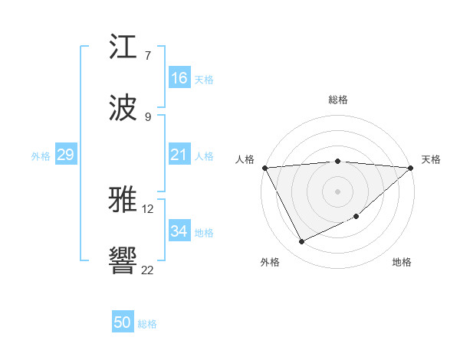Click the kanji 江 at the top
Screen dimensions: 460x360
(123, 47)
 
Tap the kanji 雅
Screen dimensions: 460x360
(123, 200)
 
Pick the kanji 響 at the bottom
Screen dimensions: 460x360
(123, 261)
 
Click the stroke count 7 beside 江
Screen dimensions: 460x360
(148, 56)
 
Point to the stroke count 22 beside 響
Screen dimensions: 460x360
(148, 270)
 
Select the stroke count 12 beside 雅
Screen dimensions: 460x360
(148, 208)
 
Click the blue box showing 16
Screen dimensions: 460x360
(179, 78)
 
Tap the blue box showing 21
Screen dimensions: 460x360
(179, 155)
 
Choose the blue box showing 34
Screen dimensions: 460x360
(179, 231)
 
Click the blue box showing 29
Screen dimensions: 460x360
(65, 155)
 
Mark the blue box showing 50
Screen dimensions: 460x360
(123, 322)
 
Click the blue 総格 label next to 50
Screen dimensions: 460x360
(147, 324)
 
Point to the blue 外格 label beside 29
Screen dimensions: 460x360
(41, 156)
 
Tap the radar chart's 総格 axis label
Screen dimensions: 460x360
(338, 100)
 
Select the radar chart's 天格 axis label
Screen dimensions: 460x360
(431, 159)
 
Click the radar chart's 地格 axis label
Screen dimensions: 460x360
(402, 262)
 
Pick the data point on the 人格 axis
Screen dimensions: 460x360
(264, 168)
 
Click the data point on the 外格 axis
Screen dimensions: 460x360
(301, 242)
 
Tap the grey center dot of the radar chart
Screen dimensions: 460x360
(337, 191)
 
